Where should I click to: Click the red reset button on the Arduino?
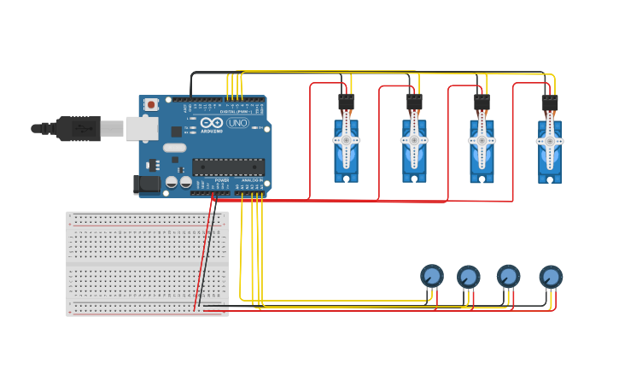[x=151, y=104]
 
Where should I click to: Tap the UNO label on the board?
[x=237, y=123]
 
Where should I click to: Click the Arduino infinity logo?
[x=211, y=123]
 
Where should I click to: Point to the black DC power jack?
[x=147, y=183]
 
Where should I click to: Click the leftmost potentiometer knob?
[x=432, y=276]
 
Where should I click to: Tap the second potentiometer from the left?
[x=468, y=277]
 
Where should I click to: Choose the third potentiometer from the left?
[x=509, y=276]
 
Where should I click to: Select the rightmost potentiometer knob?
[x=551, y=277]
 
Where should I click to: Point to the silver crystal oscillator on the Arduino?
[x=174, y=148]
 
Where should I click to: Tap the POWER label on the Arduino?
[x=221, y=180]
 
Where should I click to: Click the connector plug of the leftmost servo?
[x=346, y=101]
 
